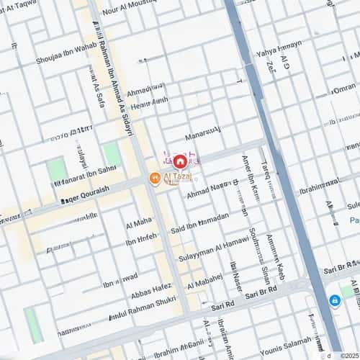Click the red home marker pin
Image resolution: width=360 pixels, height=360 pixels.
pos(179,161)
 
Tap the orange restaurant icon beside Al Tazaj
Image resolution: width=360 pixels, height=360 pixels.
pos(154,178)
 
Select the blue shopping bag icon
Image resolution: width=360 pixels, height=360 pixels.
pos(334,300)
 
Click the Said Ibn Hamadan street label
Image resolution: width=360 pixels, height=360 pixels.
pos(199,222)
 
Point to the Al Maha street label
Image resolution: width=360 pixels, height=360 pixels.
pos(138,221)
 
